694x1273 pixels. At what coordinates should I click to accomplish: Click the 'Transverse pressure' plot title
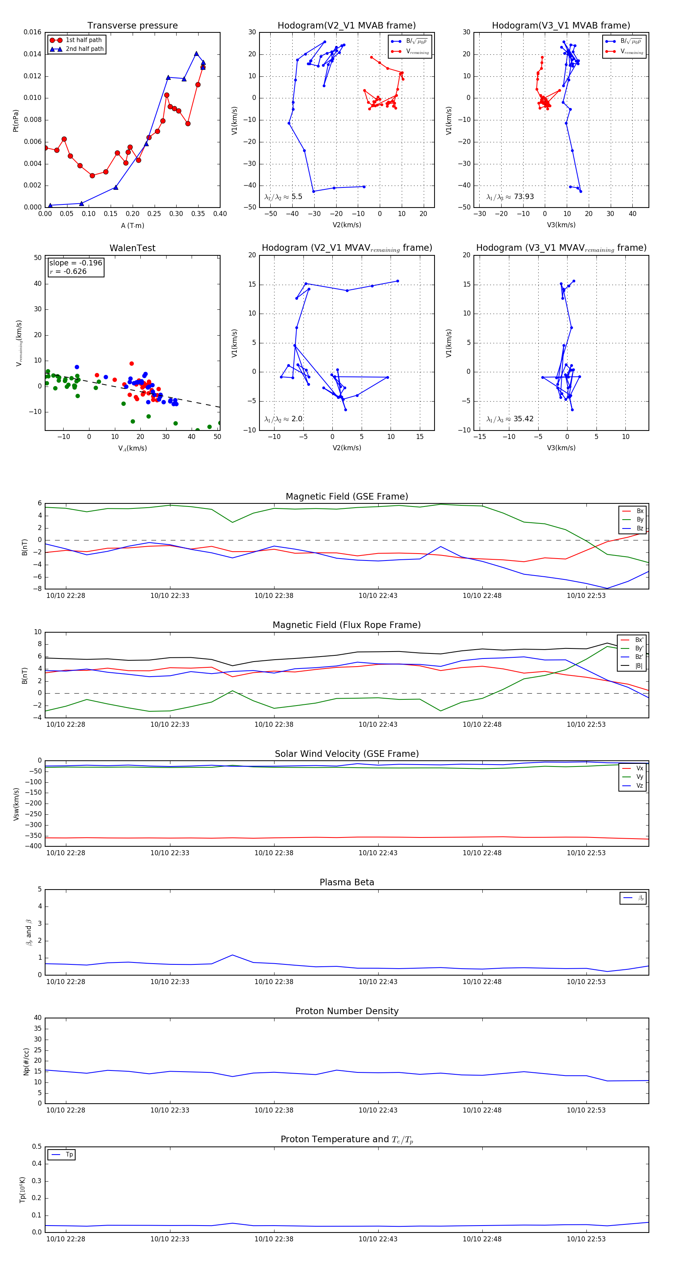tap(132, 26)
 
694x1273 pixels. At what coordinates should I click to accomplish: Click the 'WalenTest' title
tap(132, 248)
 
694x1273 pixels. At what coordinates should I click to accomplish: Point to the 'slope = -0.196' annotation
tap(76, 263)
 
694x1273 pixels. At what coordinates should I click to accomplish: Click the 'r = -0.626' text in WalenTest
tap(68, 271)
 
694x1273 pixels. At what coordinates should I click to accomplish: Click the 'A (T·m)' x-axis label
tap(132, 226)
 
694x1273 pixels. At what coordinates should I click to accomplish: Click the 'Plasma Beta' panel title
tap(347, 882)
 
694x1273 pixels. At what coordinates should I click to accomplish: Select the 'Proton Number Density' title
tap(347, 1011)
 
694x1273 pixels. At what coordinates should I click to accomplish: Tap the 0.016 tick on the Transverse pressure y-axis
tap(33, 33)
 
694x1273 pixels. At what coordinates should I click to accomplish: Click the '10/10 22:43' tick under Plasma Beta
tap(378, 981)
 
